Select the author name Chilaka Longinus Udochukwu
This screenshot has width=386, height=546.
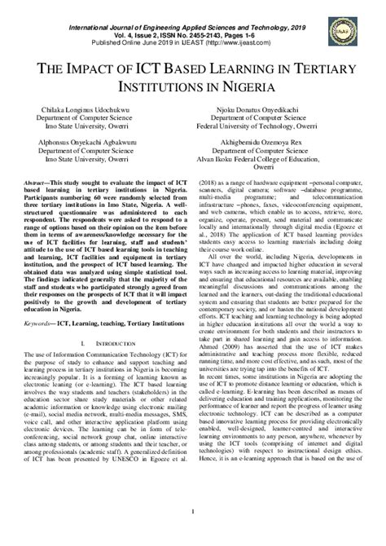[97, 106]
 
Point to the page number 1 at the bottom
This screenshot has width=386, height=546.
[193, 534]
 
